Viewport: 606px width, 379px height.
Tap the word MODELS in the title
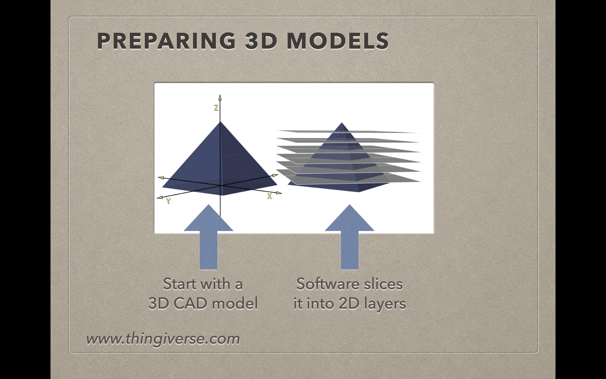tap(338, 41)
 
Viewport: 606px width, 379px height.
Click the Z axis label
tap(216, 108)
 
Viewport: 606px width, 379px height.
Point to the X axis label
tap(270, 196)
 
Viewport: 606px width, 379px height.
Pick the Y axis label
tap(168, 201)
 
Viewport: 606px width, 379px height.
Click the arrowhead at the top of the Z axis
tap(220, 97)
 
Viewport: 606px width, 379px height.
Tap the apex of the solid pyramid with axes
tap(220, 122)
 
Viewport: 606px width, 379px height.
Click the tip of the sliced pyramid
tap(342, 123)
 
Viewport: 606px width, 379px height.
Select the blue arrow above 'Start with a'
tap(208, 237)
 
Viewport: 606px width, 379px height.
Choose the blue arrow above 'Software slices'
tap(350, 237)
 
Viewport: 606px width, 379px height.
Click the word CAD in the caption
tap(190, 303)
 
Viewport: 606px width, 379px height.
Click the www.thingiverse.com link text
tap(163, 339)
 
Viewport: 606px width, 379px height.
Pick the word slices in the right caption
tap(383, 284)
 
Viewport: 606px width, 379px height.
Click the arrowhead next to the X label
tap(279, 193)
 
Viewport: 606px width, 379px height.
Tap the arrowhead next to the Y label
tap(160, 198)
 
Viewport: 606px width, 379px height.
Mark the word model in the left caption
tap(235, 303)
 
